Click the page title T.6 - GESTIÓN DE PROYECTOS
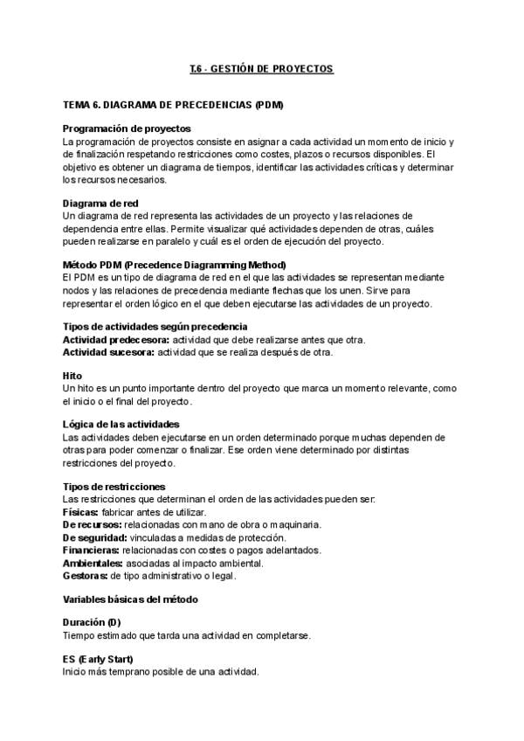pos(261,67)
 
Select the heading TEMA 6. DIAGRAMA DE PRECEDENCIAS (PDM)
pos(172,105)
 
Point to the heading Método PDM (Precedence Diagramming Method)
pos(175,265)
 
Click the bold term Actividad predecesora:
pos(115,339)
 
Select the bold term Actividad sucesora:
pos(107,352)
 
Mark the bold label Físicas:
pos(80,511)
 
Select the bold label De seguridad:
pos(93,537)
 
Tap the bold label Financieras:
pos(91,551)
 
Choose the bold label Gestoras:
pos(85,576)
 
